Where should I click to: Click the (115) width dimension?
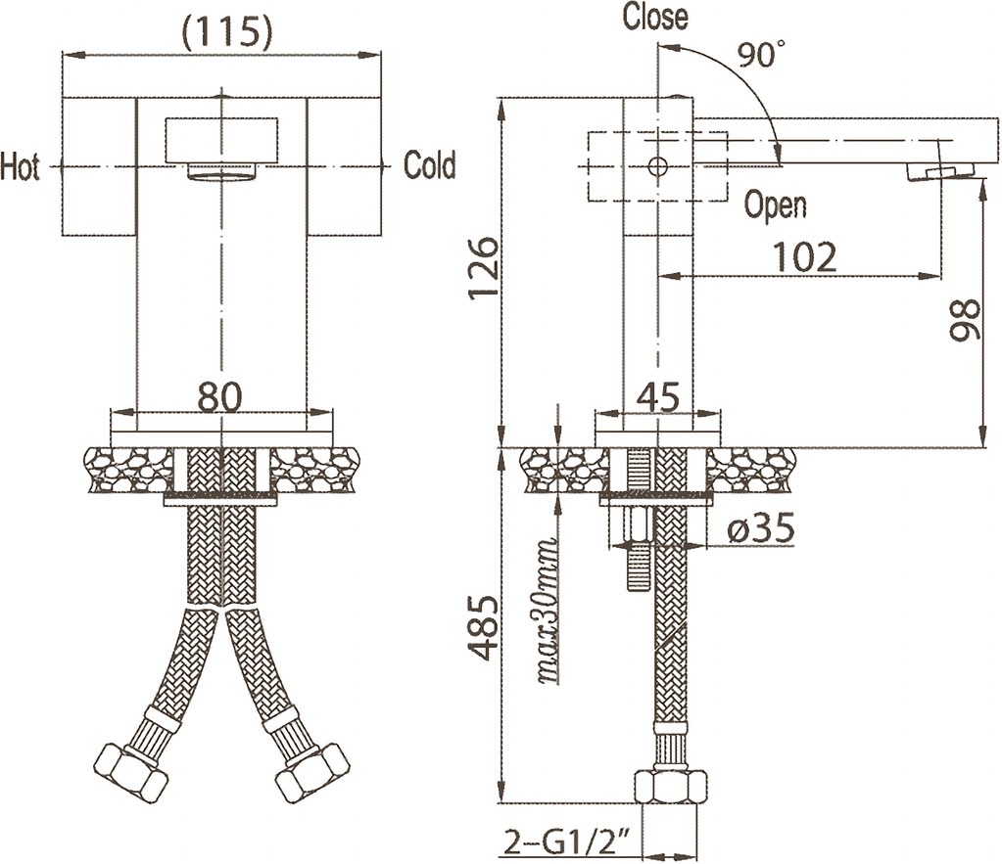[226, 33]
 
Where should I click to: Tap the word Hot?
[21, 166]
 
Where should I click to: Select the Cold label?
[430, 165]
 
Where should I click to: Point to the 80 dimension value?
[221, 396]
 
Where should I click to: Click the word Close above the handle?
[655, 17]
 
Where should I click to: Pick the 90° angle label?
[761, 56]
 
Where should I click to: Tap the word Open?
[776, 205]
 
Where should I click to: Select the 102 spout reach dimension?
[805, 256]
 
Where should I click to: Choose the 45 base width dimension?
[658, 397]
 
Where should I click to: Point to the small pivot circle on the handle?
[658, 165]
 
